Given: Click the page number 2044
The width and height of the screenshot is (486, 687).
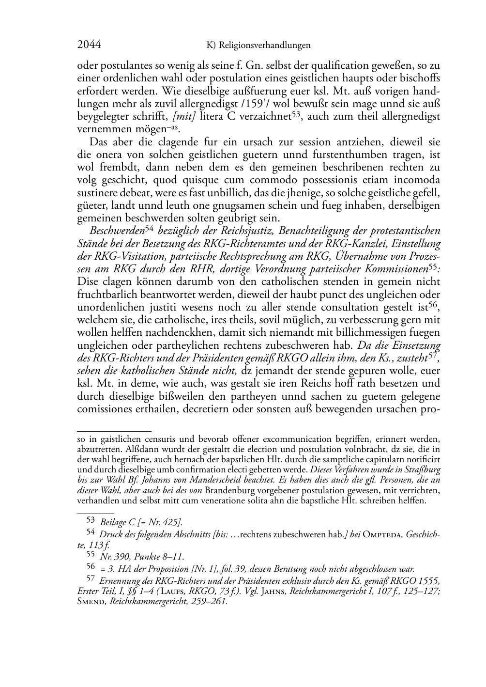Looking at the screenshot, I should tap(89, 46).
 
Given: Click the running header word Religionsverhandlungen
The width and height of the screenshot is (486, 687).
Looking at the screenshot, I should tap(265, 46).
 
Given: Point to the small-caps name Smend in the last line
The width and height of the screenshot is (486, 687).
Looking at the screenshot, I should tap(90, 602).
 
